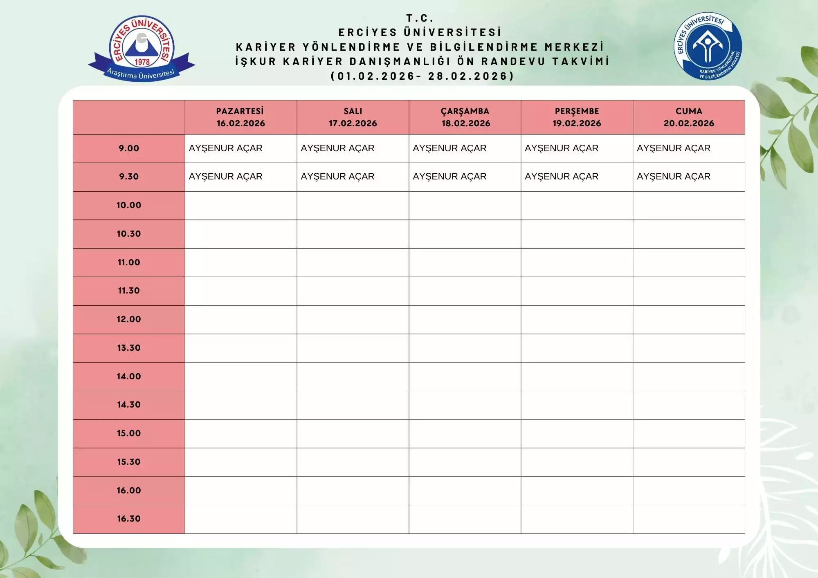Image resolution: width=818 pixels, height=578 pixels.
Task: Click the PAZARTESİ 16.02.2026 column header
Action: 240,117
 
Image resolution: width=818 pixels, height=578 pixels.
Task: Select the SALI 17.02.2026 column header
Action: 353,117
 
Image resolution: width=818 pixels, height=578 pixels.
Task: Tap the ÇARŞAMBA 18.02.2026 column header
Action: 465,117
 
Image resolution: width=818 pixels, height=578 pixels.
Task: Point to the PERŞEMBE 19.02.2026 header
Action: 577,117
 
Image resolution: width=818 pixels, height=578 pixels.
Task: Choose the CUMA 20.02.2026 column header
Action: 689,117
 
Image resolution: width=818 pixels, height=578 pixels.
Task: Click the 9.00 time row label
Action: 129,148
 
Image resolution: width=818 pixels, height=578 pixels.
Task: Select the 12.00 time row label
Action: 129,319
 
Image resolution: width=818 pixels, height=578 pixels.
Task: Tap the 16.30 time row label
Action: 129,519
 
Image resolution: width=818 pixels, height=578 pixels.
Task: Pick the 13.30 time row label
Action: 129,348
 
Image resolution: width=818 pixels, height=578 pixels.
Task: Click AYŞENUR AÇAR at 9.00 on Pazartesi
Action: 225,148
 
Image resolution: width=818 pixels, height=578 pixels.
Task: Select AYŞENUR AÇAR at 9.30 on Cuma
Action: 674,177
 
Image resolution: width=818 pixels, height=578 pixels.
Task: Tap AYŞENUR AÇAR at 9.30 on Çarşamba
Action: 449,177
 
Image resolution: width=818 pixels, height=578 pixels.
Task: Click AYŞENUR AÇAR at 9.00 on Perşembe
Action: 562,148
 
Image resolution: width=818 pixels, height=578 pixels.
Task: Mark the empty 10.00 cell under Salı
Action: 353,206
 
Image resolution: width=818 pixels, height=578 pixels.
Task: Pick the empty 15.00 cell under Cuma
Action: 689,434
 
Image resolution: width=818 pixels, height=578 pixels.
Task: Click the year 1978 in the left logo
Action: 142,62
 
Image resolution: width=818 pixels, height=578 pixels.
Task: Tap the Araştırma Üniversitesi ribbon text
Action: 141,74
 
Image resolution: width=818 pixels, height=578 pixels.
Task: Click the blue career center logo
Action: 708,46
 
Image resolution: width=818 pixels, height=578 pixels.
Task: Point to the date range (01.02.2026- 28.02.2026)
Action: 422,76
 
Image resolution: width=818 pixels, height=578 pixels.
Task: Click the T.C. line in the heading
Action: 420,18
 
